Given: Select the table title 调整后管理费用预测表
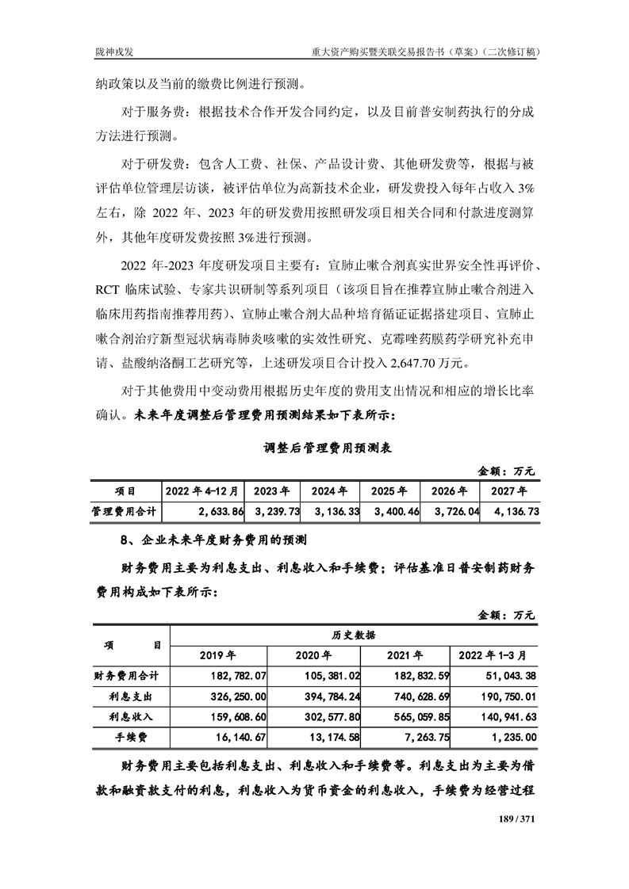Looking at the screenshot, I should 328,448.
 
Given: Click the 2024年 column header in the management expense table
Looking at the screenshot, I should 328,491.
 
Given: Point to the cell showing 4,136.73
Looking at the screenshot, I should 515,513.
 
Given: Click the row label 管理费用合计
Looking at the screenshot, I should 125,513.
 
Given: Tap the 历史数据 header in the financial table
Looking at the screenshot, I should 354,635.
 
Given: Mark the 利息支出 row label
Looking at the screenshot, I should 131,696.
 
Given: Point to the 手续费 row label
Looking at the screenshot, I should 131,738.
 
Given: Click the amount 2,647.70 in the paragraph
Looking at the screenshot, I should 415,364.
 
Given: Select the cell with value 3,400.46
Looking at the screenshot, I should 393,513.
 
